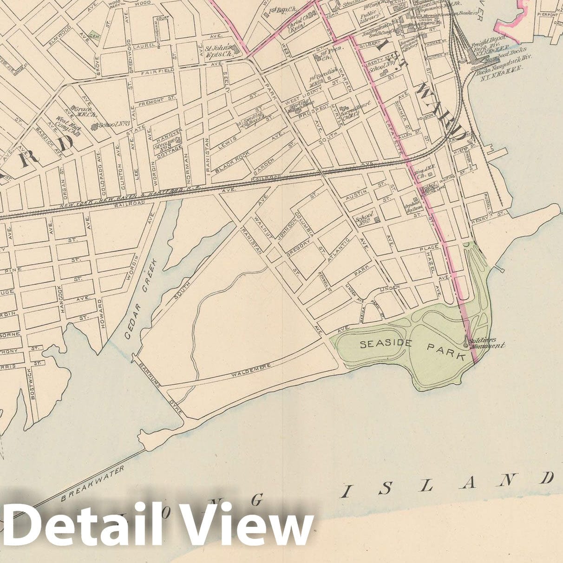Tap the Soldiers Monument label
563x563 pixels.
(486, 343)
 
